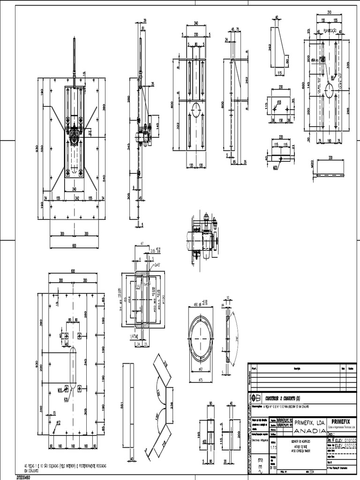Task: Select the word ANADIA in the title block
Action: pyautogui.click(x=309, y=430)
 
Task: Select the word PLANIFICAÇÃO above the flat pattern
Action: pyautogui.click(x=327, y=30)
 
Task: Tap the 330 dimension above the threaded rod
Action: pyautogui.click(x=330, y=157)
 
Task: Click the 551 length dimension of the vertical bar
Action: pyautogui.click(x=122, y=405)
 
